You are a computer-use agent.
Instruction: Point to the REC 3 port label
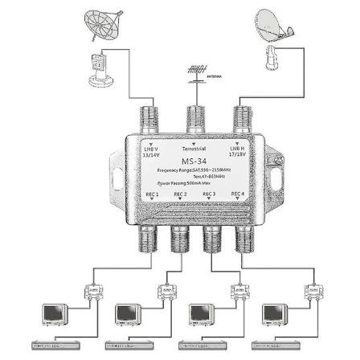click(210, 194)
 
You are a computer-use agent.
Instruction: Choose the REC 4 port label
click(238, 194)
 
